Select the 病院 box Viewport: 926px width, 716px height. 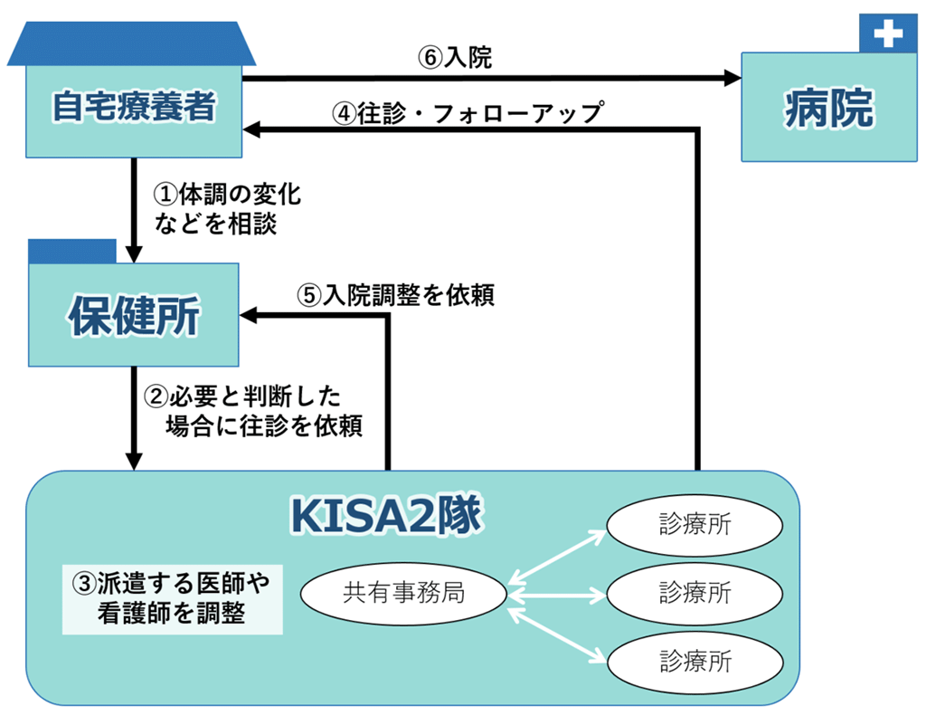pyautogui.click(x=828, y=108)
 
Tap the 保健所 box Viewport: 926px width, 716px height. pyautogui.click(x=134, y=315)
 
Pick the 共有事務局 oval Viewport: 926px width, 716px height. pyautogui.click(x=403, y=593)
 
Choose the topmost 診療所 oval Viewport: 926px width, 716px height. pyautogui.click(x=694, y=525)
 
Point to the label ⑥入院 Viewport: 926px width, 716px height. pyautogui.click(x=455, y=58)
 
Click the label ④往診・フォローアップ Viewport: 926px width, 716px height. pyautogui.click(x=467, y=114)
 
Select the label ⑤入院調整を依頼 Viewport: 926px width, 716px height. pyautogui.click(x=395, y=295)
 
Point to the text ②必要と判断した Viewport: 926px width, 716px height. pyautogui.click(x=242, y=396)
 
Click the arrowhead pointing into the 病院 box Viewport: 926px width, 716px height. pyautogui.click(x=732, y=79)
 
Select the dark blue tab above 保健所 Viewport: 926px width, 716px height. pyautogui.click(x=72, y=251)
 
